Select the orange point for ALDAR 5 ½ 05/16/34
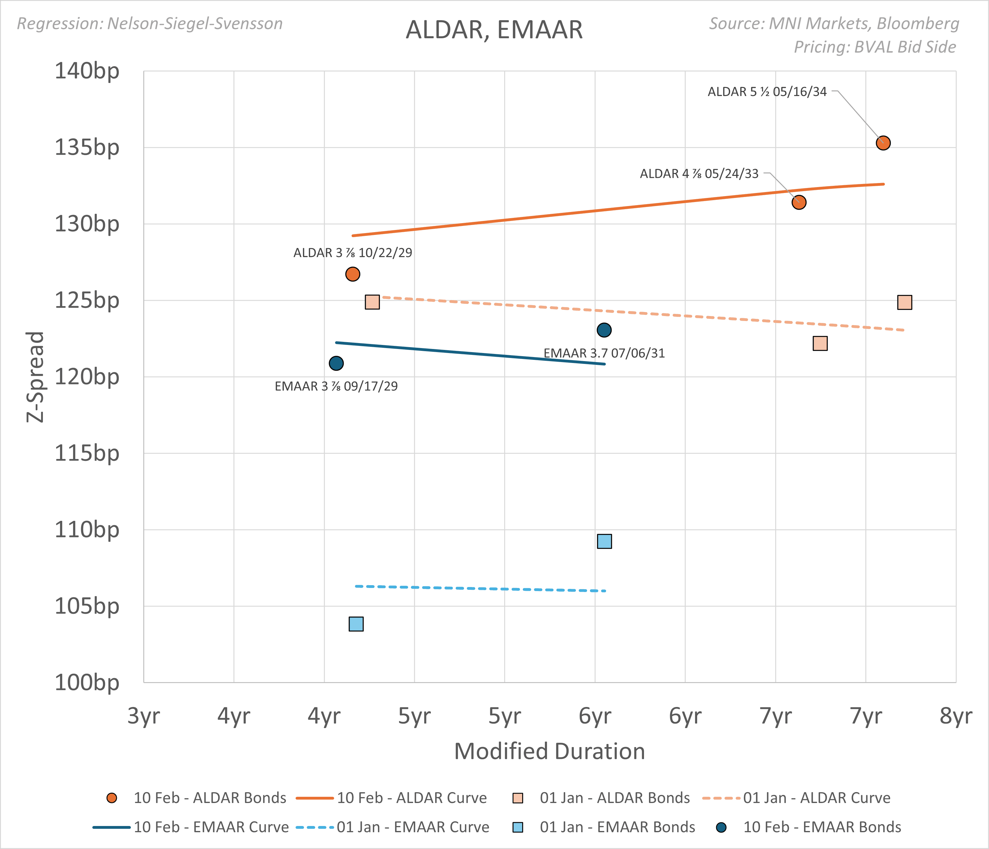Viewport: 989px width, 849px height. (883, 143)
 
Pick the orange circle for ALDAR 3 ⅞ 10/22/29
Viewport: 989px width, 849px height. (352, 274)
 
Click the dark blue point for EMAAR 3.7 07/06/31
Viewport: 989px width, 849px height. (604, 330)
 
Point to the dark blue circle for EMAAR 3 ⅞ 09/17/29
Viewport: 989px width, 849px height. (336, 363)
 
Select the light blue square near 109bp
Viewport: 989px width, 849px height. (604, 541)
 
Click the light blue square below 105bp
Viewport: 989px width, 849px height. (356, 624)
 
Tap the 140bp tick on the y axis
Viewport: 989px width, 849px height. (87, 71)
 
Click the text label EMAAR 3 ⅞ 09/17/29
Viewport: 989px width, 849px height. (336, 386)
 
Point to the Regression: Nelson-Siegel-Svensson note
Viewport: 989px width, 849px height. (150, 23)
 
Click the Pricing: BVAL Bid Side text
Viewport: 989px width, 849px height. (874, 47)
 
